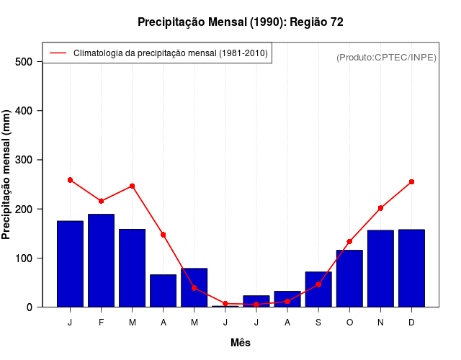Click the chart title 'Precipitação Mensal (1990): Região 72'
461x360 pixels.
tap(241, 22)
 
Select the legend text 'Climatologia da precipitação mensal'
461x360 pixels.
tap(170, 53)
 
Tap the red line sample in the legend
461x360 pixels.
tap(58, 53)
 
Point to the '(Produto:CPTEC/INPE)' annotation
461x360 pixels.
tap(386, 57)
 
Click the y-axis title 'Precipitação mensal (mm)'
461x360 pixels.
tap(7, 175)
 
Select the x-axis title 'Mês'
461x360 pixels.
tap(241, 343)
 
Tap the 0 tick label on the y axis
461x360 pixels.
tap(30, 307)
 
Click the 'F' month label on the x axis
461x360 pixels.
tap(102, 323)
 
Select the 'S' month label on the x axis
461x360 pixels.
tap(318, 323)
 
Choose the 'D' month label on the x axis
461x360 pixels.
tap(411, 323)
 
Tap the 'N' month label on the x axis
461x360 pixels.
tap(380, 323)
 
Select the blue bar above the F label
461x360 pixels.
tap(102, 260)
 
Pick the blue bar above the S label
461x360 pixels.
tap(318, 289)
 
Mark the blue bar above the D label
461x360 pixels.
tap(411, 268)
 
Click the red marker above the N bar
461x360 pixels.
tap(380, 208)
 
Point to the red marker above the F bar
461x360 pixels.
tap(102, 201)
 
